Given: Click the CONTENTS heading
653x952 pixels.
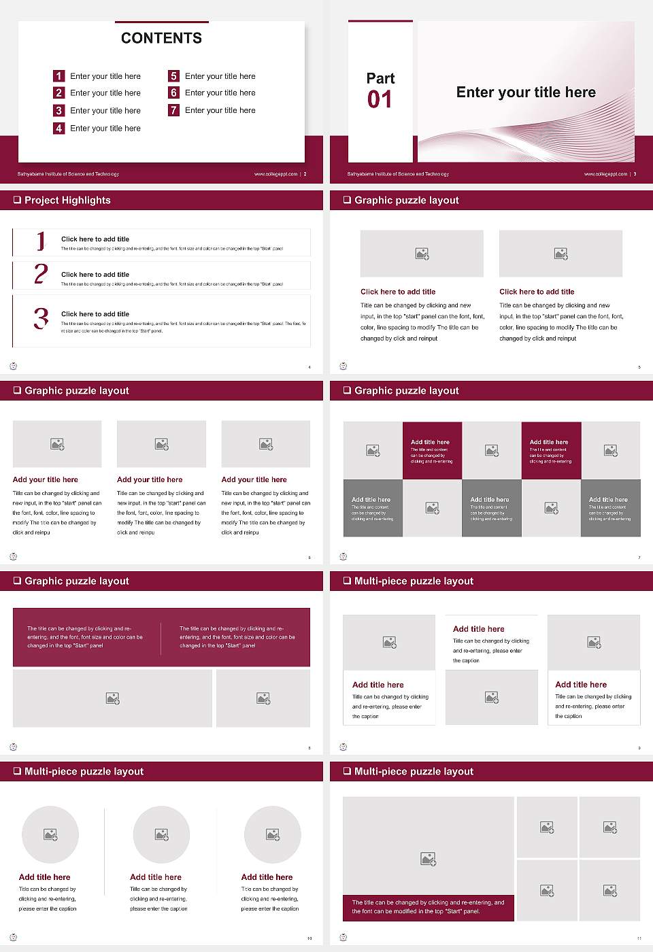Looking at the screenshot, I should (161, 38).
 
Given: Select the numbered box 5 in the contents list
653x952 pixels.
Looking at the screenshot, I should (174, 76).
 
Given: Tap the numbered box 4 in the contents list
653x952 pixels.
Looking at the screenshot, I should (59, 128).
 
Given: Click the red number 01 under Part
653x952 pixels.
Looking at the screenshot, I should (380, 100).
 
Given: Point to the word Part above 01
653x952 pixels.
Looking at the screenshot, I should (380, 78).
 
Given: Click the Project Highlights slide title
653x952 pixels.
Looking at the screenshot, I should (67, 200).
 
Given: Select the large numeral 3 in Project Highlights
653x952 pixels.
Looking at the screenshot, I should (41, 318).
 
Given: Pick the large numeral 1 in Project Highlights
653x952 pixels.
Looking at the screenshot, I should (41, 241).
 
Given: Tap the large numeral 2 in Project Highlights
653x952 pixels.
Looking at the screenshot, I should (41, 274).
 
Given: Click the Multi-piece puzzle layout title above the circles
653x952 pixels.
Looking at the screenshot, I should (84, 771).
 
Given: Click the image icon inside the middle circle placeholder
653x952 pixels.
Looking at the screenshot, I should (161, 834).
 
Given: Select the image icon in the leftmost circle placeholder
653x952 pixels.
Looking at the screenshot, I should (50, 834).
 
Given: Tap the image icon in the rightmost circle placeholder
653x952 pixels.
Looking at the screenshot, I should (273, 834).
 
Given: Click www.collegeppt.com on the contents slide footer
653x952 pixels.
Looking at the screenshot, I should (275, 174).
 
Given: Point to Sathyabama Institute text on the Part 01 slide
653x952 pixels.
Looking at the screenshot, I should (398, 174).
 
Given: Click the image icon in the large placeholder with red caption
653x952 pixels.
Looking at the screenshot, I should (428, 860).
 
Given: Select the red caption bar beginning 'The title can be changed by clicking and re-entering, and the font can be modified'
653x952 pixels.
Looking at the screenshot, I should (428, 907).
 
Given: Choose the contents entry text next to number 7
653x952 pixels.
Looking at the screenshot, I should (220, 110).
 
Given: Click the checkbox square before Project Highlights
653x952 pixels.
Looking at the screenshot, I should (17, 200).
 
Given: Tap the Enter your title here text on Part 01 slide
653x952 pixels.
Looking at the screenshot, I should (526, 92).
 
